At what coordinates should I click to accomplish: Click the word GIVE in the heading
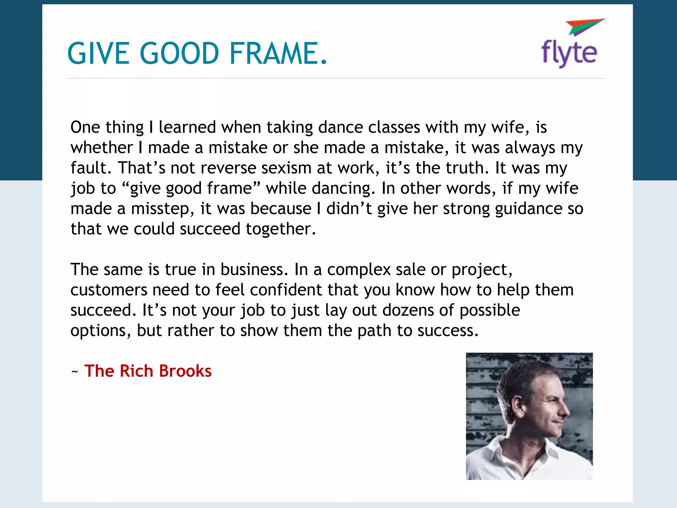pos(98,53)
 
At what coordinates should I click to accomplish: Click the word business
pos(254,270)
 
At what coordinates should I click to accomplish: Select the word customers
pos(108,290)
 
